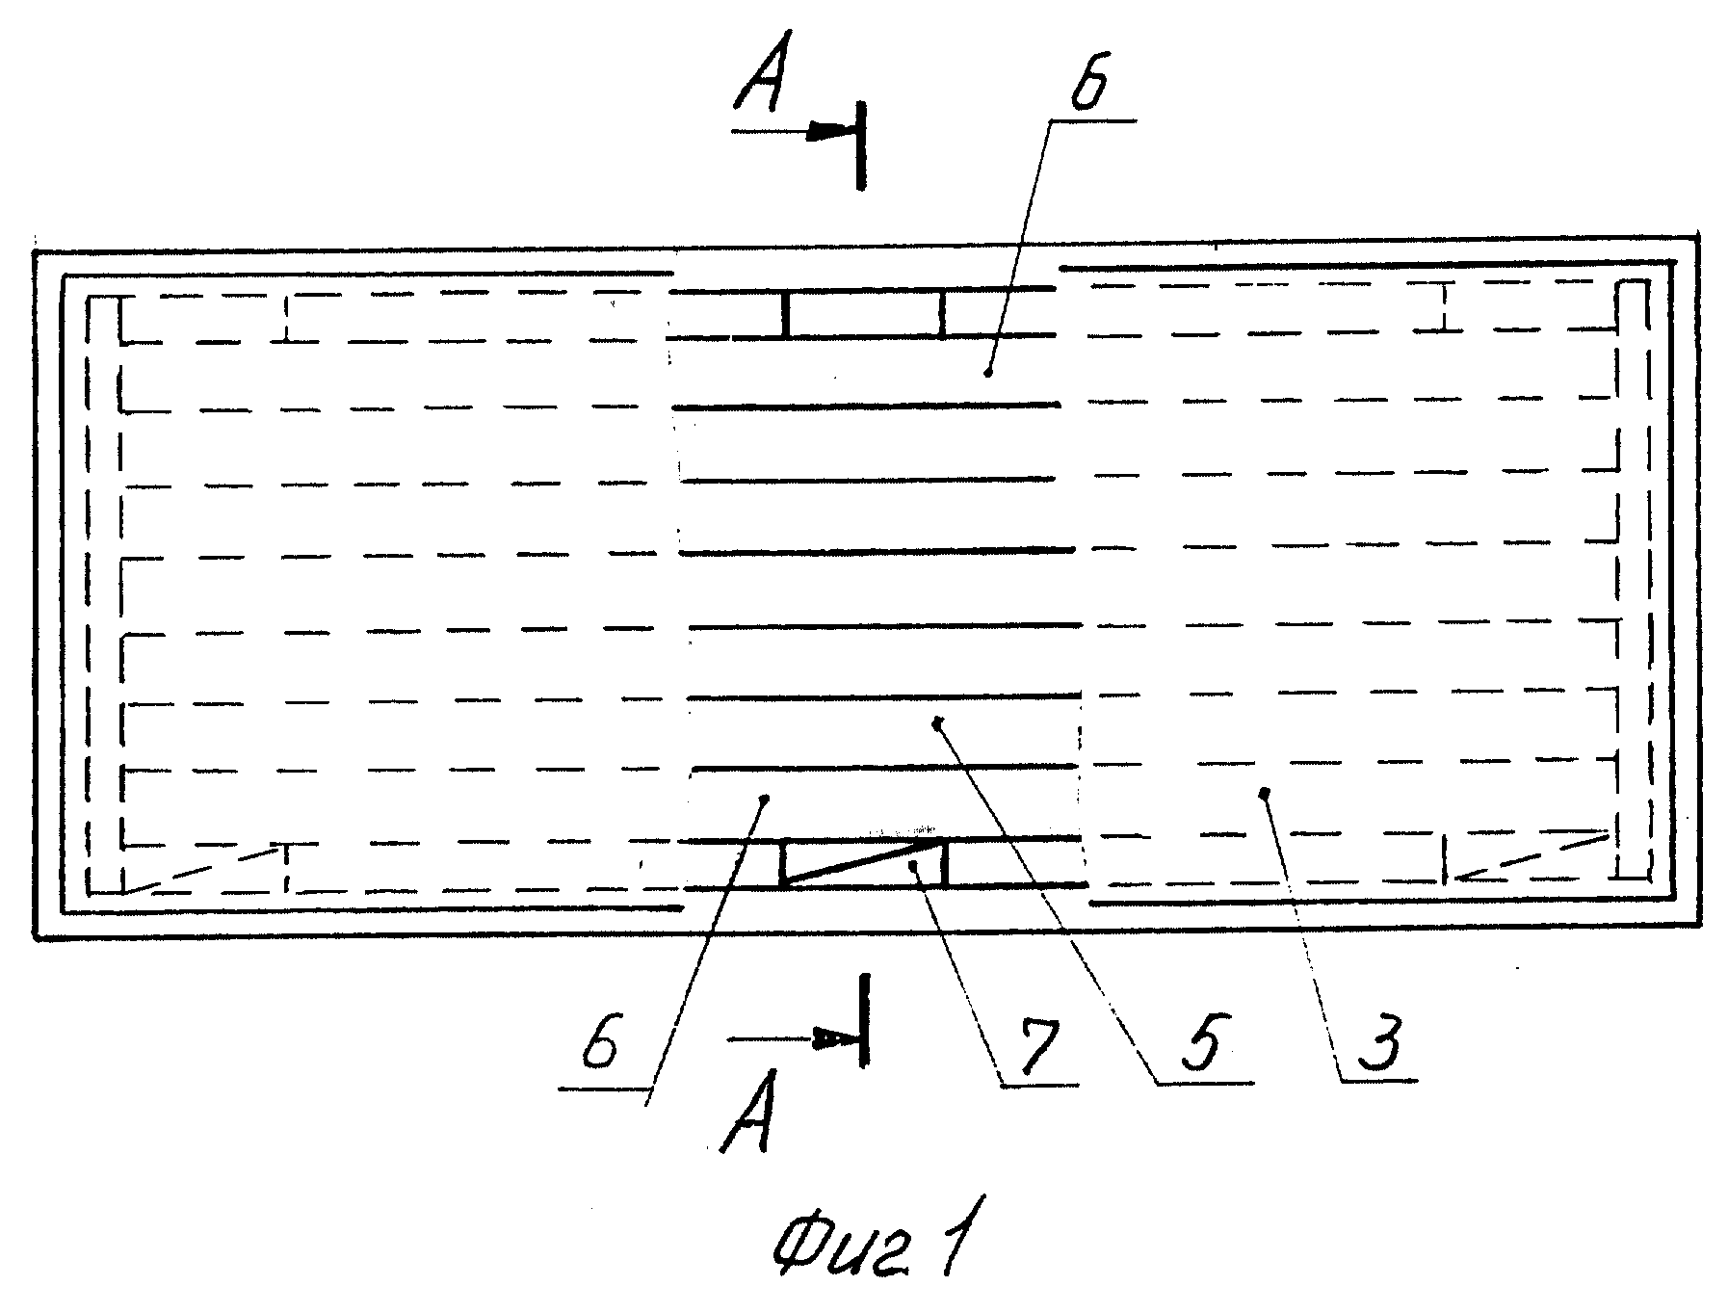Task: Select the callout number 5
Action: click(x=1203, y=1044)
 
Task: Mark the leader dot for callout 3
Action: click(x=1265, y=793)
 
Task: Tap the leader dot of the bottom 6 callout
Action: click(x=765, y=798)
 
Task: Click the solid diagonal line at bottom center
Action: click(x=864, y=861)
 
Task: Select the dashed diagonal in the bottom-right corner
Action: click(x=1532, y=855)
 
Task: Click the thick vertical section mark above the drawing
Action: click(x=860, y=145)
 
